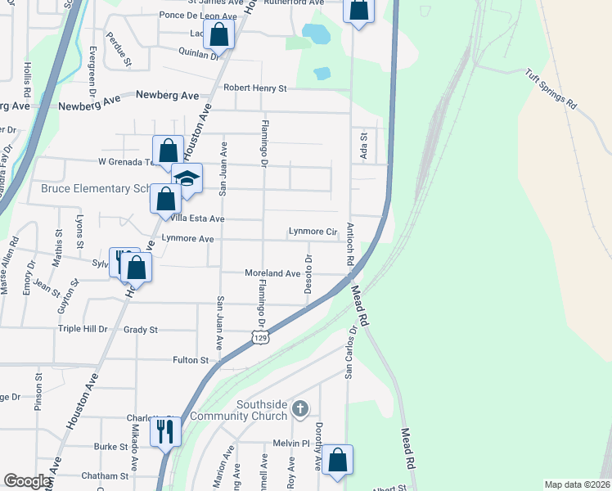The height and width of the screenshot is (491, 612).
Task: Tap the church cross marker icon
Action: (300, 408)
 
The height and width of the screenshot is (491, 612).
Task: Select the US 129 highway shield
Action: (260, 338)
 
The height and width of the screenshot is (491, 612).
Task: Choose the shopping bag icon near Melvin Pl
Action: (337, 461)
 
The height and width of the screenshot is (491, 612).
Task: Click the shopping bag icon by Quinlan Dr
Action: (218, 35)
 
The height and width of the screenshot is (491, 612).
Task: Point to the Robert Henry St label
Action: (255, 88)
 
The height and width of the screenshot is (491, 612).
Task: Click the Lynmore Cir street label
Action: (313, 232)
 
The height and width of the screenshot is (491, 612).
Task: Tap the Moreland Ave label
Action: (273, 273)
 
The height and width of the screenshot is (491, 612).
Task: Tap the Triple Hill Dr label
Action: (82, 329)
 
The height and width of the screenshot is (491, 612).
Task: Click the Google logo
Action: (28, 481)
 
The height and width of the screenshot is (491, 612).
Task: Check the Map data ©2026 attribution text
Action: (576, 484)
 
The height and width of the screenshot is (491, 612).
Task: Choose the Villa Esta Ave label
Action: (196, 218)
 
